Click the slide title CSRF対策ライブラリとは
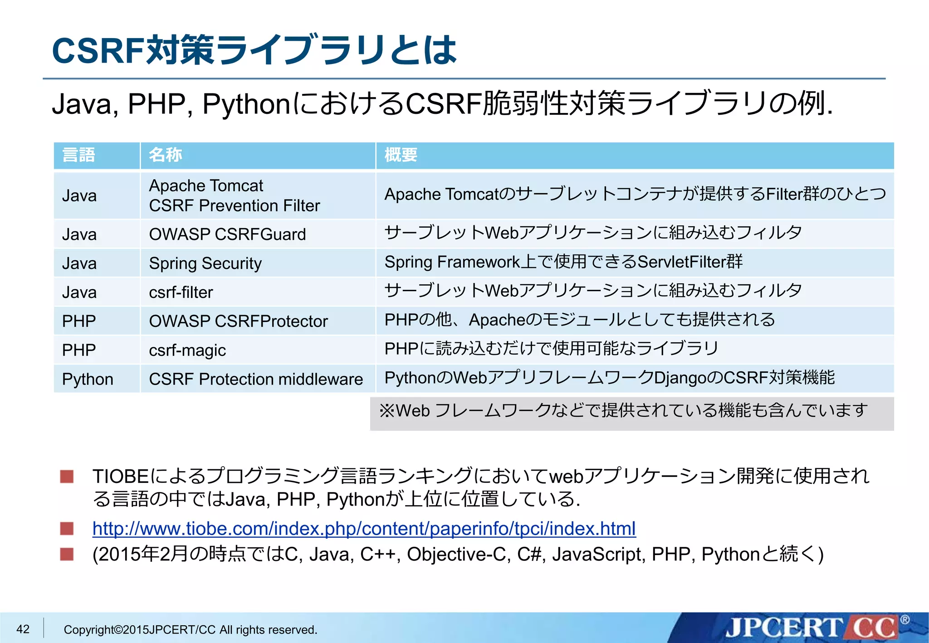click(254, 50)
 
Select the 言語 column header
click(78, 155)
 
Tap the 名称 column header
click(166, 155)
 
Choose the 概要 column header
click(401, 155)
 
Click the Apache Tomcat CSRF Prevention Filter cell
click(234, 195)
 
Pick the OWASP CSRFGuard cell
click(227, 234)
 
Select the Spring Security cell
click(205, 263)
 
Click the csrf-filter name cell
click(181, 292)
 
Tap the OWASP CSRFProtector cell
click(238, 321)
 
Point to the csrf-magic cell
click(187, 350)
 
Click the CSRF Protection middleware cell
click(256, 379)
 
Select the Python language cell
click(88, 379)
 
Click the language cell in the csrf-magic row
click(79, 350)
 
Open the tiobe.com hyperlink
click(364, 529)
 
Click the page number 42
click(23, 629)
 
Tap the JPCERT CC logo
click(812, 628)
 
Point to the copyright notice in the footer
click(191, 630)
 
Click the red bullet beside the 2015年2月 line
click(67, 554)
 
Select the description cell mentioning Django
click(609, 378)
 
